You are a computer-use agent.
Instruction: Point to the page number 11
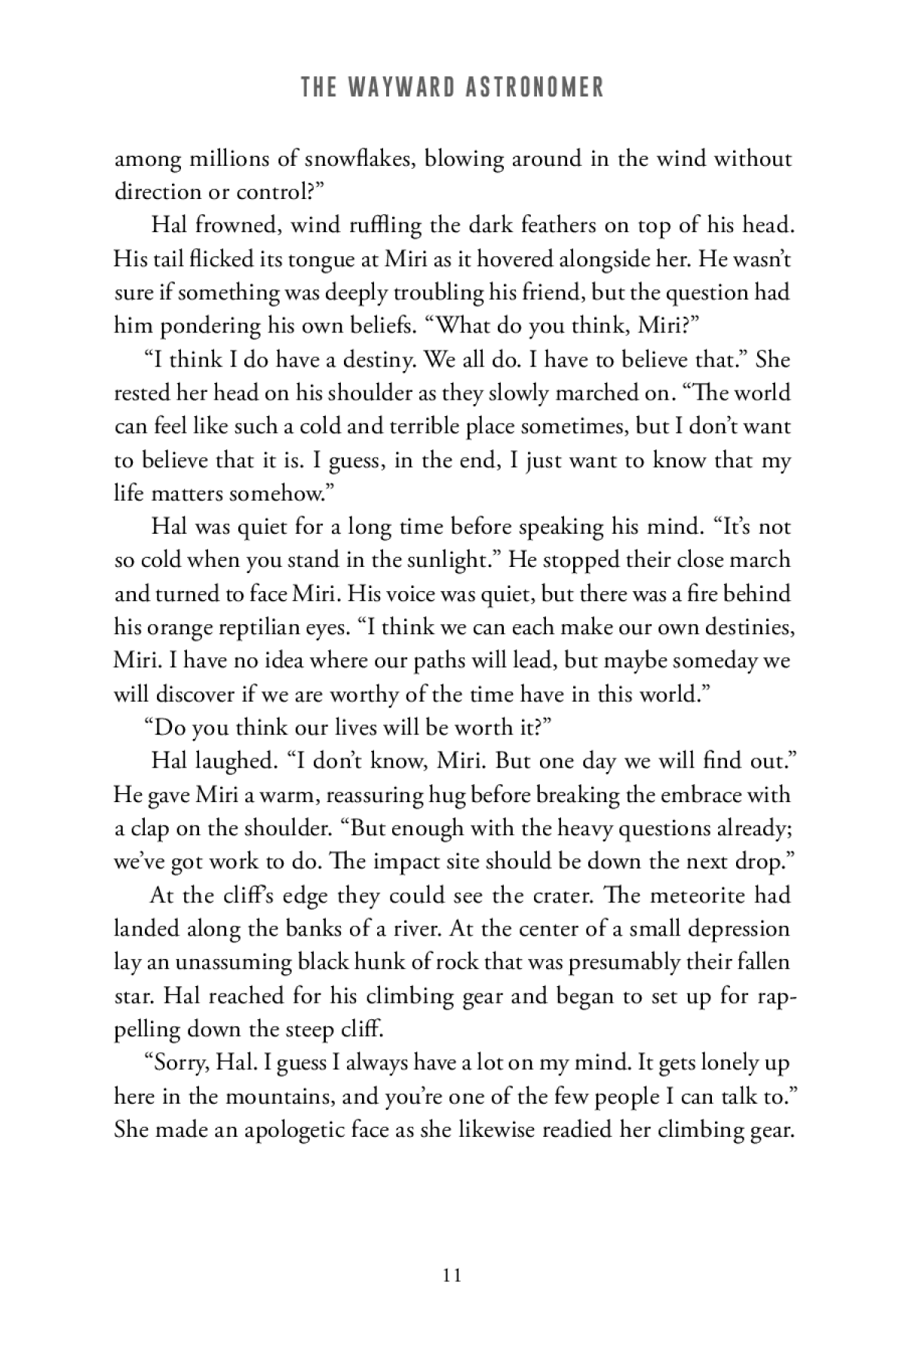(x=452, y=1276)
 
